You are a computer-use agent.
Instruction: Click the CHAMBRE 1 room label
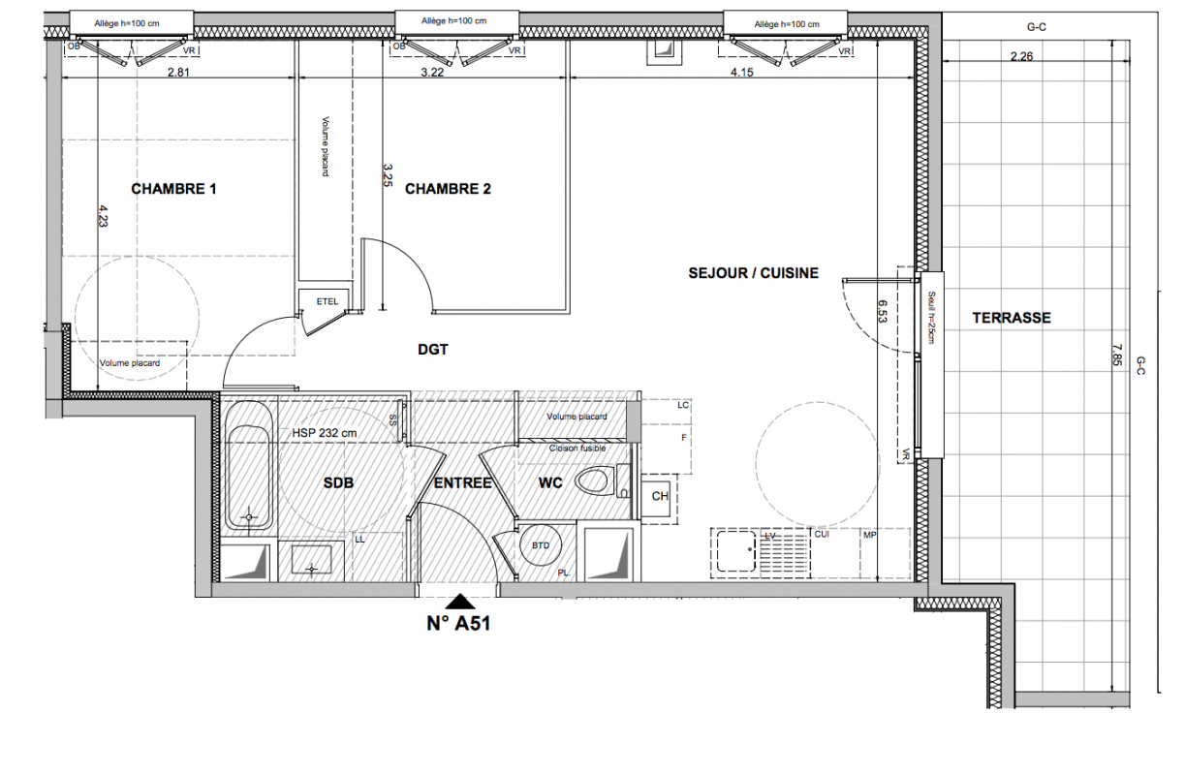[173, 189]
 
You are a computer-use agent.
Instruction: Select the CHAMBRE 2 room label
[448, 189]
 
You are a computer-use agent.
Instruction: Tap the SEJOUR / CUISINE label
[753, 273]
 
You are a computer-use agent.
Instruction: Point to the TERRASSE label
[1012, 318]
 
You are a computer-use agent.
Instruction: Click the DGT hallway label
[433, 349]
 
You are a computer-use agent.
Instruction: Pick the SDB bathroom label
[338, 482]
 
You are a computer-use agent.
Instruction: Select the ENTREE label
[463, 482]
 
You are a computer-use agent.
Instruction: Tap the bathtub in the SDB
[249, 465]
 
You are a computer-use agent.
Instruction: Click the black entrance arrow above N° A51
[460, 602]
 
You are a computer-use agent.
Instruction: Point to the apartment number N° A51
[458, 623]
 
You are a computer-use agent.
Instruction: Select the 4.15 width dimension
[741, 72]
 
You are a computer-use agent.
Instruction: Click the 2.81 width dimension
[178, 72]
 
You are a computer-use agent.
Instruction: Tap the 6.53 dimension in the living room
[883, 312]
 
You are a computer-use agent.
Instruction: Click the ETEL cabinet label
[327, 301]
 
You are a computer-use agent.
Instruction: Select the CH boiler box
[659, 496]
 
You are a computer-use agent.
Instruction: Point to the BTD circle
[541, 544]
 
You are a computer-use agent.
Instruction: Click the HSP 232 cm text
[325, 433]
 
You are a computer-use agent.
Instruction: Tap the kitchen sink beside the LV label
[735, 551]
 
